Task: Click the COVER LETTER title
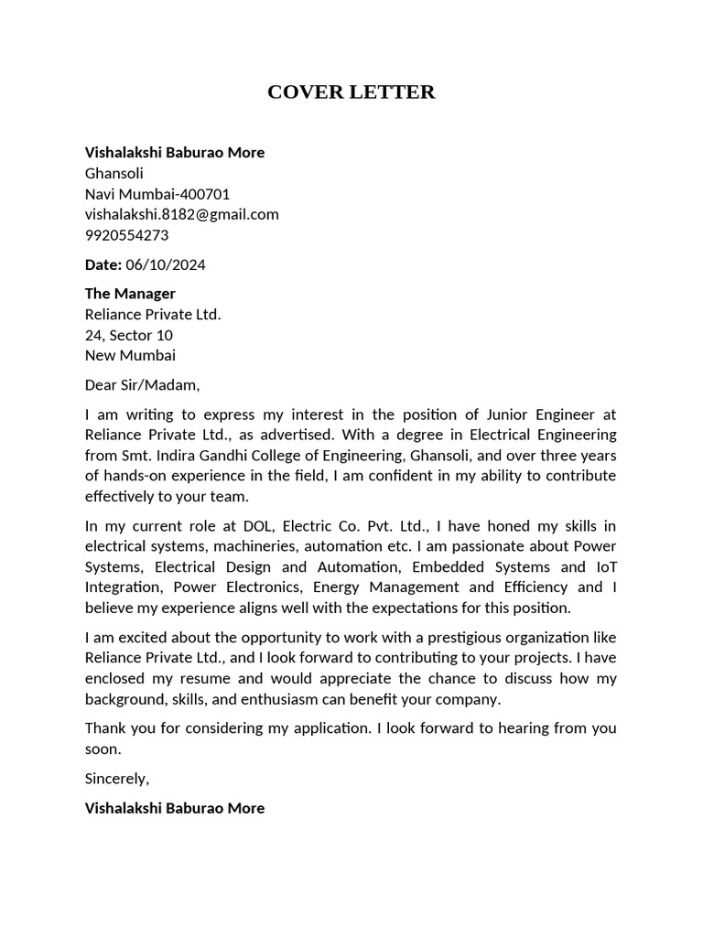coord(351,92)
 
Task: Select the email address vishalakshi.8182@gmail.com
coord(181,214)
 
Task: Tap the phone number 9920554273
coord(126,235)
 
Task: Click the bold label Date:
coord(103,264)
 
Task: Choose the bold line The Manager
coord(130,294)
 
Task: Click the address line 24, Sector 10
coord(128,335)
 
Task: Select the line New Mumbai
coord(130,355)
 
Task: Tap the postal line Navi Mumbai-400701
coord(157,194)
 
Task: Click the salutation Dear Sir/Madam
coord(142,384)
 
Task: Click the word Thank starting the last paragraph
coord(106,728)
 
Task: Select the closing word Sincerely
coord(116,779)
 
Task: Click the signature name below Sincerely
coord(175,808)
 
